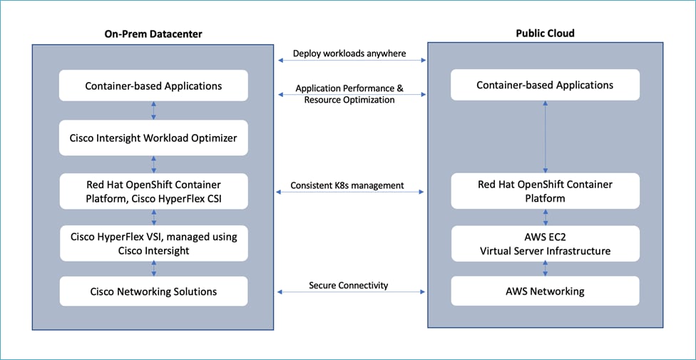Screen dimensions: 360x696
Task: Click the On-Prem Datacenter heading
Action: coord(153,34)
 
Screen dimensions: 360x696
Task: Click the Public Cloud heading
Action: coord(545,33)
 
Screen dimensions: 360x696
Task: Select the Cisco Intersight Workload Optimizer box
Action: coord(153,138)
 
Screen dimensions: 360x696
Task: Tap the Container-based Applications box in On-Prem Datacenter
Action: coord(153,86)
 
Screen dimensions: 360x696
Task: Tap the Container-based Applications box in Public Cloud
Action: coord(545,86)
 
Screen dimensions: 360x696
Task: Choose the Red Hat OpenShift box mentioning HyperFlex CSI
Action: coord(153,190)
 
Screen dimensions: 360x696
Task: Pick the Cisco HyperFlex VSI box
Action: coord(153,243)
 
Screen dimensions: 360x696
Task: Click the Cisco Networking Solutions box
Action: coord(153,291)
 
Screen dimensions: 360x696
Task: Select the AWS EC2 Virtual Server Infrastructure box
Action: coord(545,243)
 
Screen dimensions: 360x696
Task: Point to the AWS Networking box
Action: coord(545,291)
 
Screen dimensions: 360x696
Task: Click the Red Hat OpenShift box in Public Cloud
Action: coord(545,191)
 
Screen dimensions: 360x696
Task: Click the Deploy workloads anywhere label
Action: coord(349,53)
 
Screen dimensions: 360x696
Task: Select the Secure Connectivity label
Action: coord(349,285)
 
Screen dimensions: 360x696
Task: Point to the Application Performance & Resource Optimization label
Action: coord(349,94)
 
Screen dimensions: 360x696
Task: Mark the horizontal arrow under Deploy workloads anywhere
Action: coord(349,61)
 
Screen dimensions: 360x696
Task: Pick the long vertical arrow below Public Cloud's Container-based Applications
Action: coord(546,136)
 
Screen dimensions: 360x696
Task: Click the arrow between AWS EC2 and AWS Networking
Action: coord(546,268)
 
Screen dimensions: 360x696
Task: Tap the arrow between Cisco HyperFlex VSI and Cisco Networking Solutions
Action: coord(153,268)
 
